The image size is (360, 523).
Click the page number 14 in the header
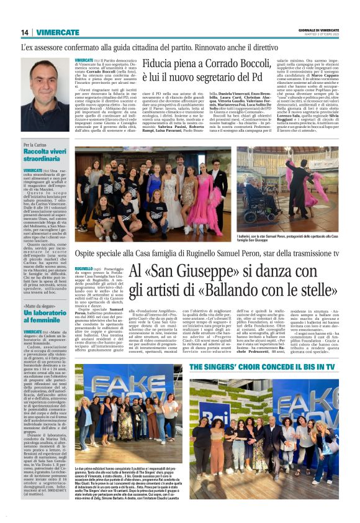(x=25, y=32)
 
